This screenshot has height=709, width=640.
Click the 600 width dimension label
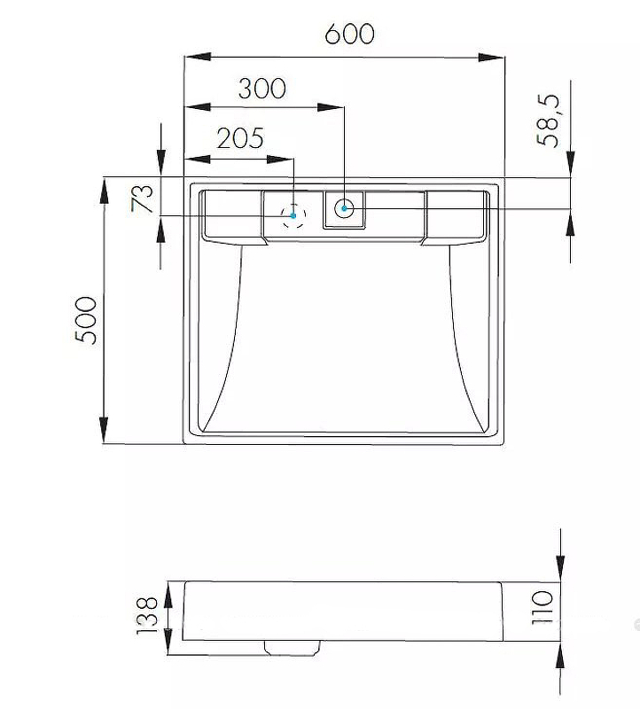pos(349,34)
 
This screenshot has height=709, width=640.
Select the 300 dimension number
pos(261,88)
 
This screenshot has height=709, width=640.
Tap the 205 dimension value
pos(239,138)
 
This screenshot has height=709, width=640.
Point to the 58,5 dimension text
pos(548,121)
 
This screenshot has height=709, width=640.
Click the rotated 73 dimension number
pos(142,198)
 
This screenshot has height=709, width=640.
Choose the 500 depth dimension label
pos(86,320)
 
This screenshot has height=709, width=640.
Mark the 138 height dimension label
pos(147,615)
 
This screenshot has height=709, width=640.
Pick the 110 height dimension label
pos(542,607)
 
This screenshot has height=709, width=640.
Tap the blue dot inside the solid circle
pos(344,208)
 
